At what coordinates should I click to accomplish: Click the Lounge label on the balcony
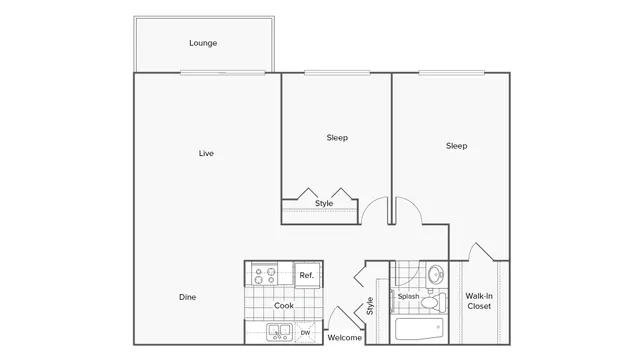tap(203, 43)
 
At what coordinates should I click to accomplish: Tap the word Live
tap(205, 153)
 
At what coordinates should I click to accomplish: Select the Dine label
tap(187, 297)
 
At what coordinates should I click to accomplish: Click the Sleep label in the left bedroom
tap(337, 137)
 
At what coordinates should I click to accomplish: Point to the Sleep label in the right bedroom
tap(456, 146)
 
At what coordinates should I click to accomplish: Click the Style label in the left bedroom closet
tap(324, 204)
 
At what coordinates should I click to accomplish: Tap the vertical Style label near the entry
tap(370, 305)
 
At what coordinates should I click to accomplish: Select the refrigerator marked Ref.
tap(306, 275)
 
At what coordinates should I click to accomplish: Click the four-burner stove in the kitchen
tap(264, 275)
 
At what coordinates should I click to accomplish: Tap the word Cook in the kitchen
tap(284, 306)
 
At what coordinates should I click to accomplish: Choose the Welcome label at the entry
tap(345, 338)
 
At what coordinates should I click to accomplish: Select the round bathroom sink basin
tap(435, 274)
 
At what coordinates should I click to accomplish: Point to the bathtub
tap(418, 329)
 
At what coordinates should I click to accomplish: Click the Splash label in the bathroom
tap(408, 297)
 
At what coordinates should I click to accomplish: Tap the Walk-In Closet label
tap(478, 301)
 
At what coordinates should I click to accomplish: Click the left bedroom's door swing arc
tap(373, 209)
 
